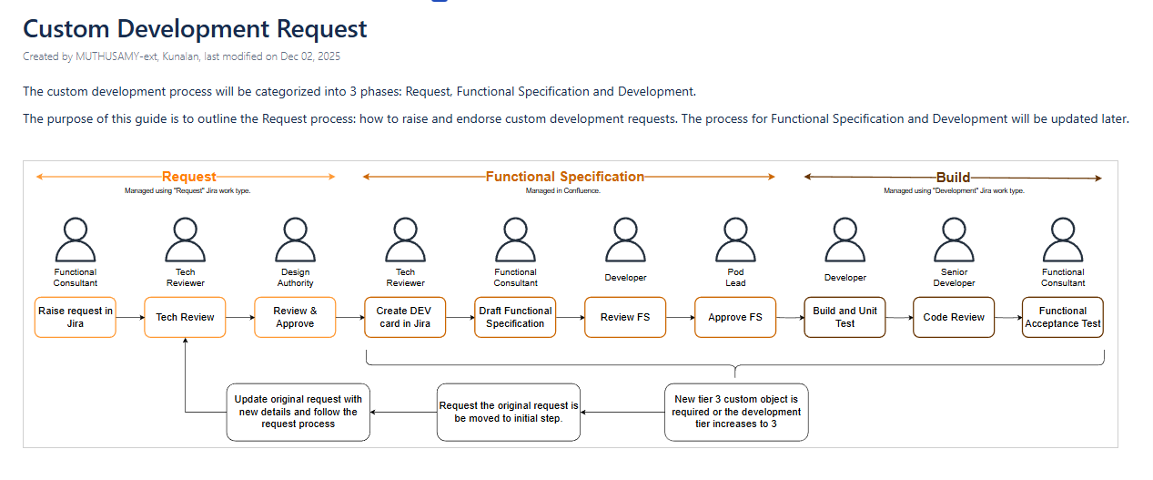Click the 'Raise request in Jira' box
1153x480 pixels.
point(76,317)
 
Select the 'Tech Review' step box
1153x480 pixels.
point(185,317)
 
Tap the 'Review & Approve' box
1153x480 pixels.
point(295,317)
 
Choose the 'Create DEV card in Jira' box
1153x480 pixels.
point(405,317)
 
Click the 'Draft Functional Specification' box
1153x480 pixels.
point(515,317)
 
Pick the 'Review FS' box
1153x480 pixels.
point(625,317)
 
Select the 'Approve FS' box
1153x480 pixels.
point(735,317)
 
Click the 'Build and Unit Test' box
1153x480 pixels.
point(845,317)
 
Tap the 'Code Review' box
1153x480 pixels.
point(954,317)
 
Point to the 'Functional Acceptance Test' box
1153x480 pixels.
point(1063,317)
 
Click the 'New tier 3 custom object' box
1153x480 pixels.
point(736,412)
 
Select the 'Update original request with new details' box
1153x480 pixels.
point(298,412)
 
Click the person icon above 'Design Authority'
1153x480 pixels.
point(295,239)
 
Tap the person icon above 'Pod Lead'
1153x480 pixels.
point(735,239)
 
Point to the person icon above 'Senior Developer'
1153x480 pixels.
point(954,239)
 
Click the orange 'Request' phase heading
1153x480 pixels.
point(189,177)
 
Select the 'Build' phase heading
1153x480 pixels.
point(953,178)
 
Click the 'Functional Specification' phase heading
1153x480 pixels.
point(565,177)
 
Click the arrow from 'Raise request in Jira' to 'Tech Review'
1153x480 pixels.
point(130,317)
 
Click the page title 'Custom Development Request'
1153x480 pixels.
point(195,28)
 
